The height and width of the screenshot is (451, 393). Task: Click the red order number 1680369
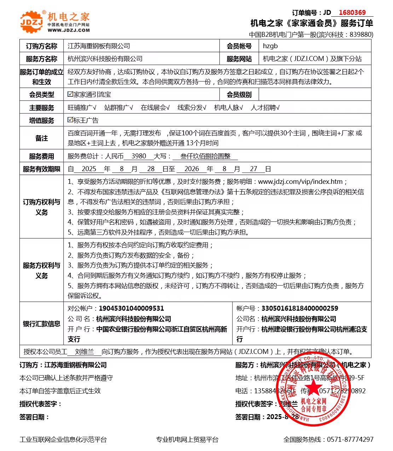click(352, 13)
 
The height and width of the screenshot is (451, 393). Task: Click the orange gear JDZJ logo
click(31, 22)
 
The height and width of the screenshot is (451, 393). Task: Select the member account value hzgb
click(270, 46)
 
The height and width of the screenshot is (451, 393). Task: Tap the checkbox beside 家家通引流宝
click(70, 94)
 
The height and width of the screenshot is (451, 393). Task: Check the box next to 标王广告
click(70, 120)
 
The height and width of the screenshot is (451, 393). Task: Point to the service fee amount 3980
click(139, 156)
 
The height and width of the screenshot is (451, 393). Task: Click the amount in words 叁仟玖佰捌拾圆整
click(205, 156)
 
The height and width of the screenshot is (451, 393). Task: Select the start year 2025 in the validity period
click(89, 169)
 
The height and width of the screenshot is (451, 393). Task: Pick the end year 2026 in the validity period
click(192, 169)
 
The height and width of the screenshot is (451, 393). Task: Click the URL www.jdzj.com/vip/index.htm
click(300, 182)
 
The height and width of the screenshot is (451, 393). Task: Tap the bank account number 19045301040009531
click(131, 309)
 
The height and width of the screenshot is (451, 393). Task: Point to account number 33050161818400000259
click(300, 309)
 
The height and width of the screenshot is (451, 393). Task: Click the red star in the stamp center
click(313, 386)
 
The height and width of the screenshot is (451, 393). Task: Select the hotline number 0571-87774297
click(350, 440)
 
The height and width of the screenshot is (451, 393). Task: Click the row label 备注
click(41, 138)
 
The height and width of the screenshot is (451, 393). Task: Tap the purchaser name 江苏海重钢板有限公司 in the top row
click(99, 46)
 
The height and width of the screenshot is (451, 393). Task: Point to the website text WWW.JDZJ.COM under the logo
click(69, 30)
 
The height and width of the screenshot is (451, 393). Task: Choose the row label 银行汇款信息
click(41, 324)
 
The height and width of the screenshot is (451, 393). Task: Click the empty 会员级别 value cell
click(315, 95)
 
